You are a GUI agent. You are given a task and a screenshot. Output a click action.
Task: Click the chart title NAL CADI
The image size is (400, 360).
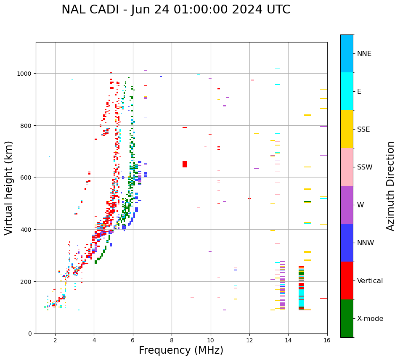click(x=176, y=10)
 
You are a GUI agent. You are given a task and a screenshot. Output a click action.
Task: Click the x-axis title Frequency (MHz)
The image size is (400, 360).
click(x=181, y=350)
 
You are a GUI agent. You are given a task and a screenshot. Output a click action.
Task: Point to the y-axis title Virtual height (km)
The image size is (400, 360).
click(x=9, y=188)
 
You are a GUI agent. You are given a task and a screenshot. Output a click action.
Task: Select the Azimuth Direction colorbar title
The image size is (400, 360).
click(x=391, y=186)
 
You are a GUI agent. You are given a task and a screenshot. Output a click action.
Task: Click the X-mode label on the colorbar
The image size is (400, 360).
click(x=370, y=319)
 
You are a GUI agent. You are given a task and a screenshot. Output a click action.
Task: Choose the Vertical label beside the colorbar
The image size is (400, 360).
click(x=370, y=281)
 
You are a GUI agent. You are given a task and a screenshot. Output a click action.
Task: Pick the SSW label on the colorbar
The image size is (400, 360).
click(x=365, y=167)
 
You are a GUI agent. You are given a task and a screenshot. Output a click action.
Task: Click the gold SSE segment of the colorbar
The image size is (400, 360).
click(x=347, y=129)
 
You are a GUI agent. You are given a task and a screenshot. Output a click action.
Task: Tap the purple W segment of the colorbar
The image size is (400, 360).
click(x=347, y=205)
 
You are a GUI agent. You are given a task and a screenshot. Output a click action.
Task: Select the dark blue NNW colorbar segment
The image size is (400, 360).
click(x=347, y=243)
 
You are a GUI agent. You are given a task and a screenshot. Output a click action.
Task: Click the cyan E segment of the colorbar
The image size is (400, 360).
click(x=347, y=91)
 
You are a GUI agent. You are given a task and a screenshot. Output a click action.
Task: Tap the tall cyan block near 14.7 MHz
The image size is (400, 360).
click(x=301, y=299)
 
